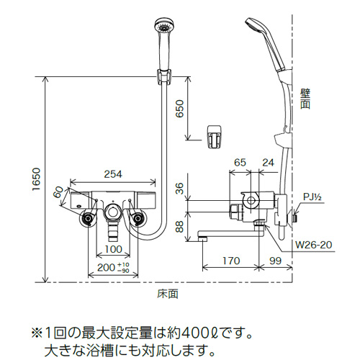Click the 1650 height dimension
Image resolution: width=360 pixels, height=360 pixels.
(37, 179)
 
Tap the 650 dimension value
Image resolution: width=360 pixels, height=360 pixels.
(180, 109)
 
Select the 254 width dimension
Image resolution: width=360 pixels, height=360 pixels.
(113, 174)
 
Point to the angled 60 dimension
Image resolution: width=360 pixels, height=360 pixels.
(58, 192)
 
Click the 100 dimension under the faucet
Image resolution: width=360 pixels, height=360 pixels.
(114, 249)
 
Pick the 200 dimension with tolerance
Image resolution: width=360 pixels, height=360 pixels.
(113, 267)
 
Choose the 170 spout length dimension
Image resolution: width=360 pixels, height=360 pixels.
(231, 261)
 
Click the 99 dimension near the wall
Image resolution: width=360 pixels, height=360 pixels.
(275, 261)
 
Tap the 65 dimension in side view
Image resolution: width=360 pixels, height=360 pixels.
(240, 163)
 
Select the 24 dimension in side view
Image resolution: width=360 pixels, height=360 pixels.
(268, 163)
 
